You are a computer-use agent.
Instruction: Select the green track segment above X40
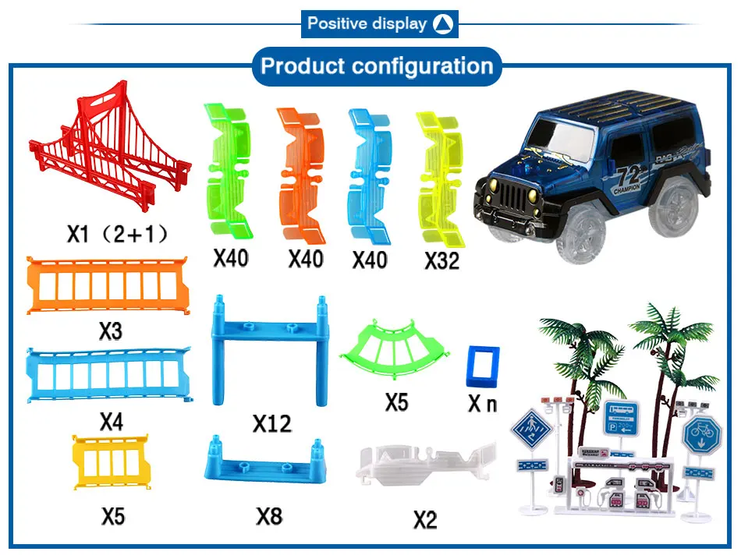pos(229,171)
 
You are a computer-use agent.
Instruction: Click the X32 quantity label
pos(442,260)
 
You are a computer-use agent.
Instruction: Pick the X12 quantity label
pos(271,424)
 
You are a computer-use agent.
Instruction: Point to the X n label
pos(482,404)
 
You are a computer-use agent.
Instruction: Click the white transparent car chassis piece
pos(425,465)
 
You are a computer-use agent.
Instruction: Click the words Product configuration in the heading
pos(377,65)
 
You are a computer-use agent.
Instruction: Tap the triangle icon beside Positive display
pos(442,23)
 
